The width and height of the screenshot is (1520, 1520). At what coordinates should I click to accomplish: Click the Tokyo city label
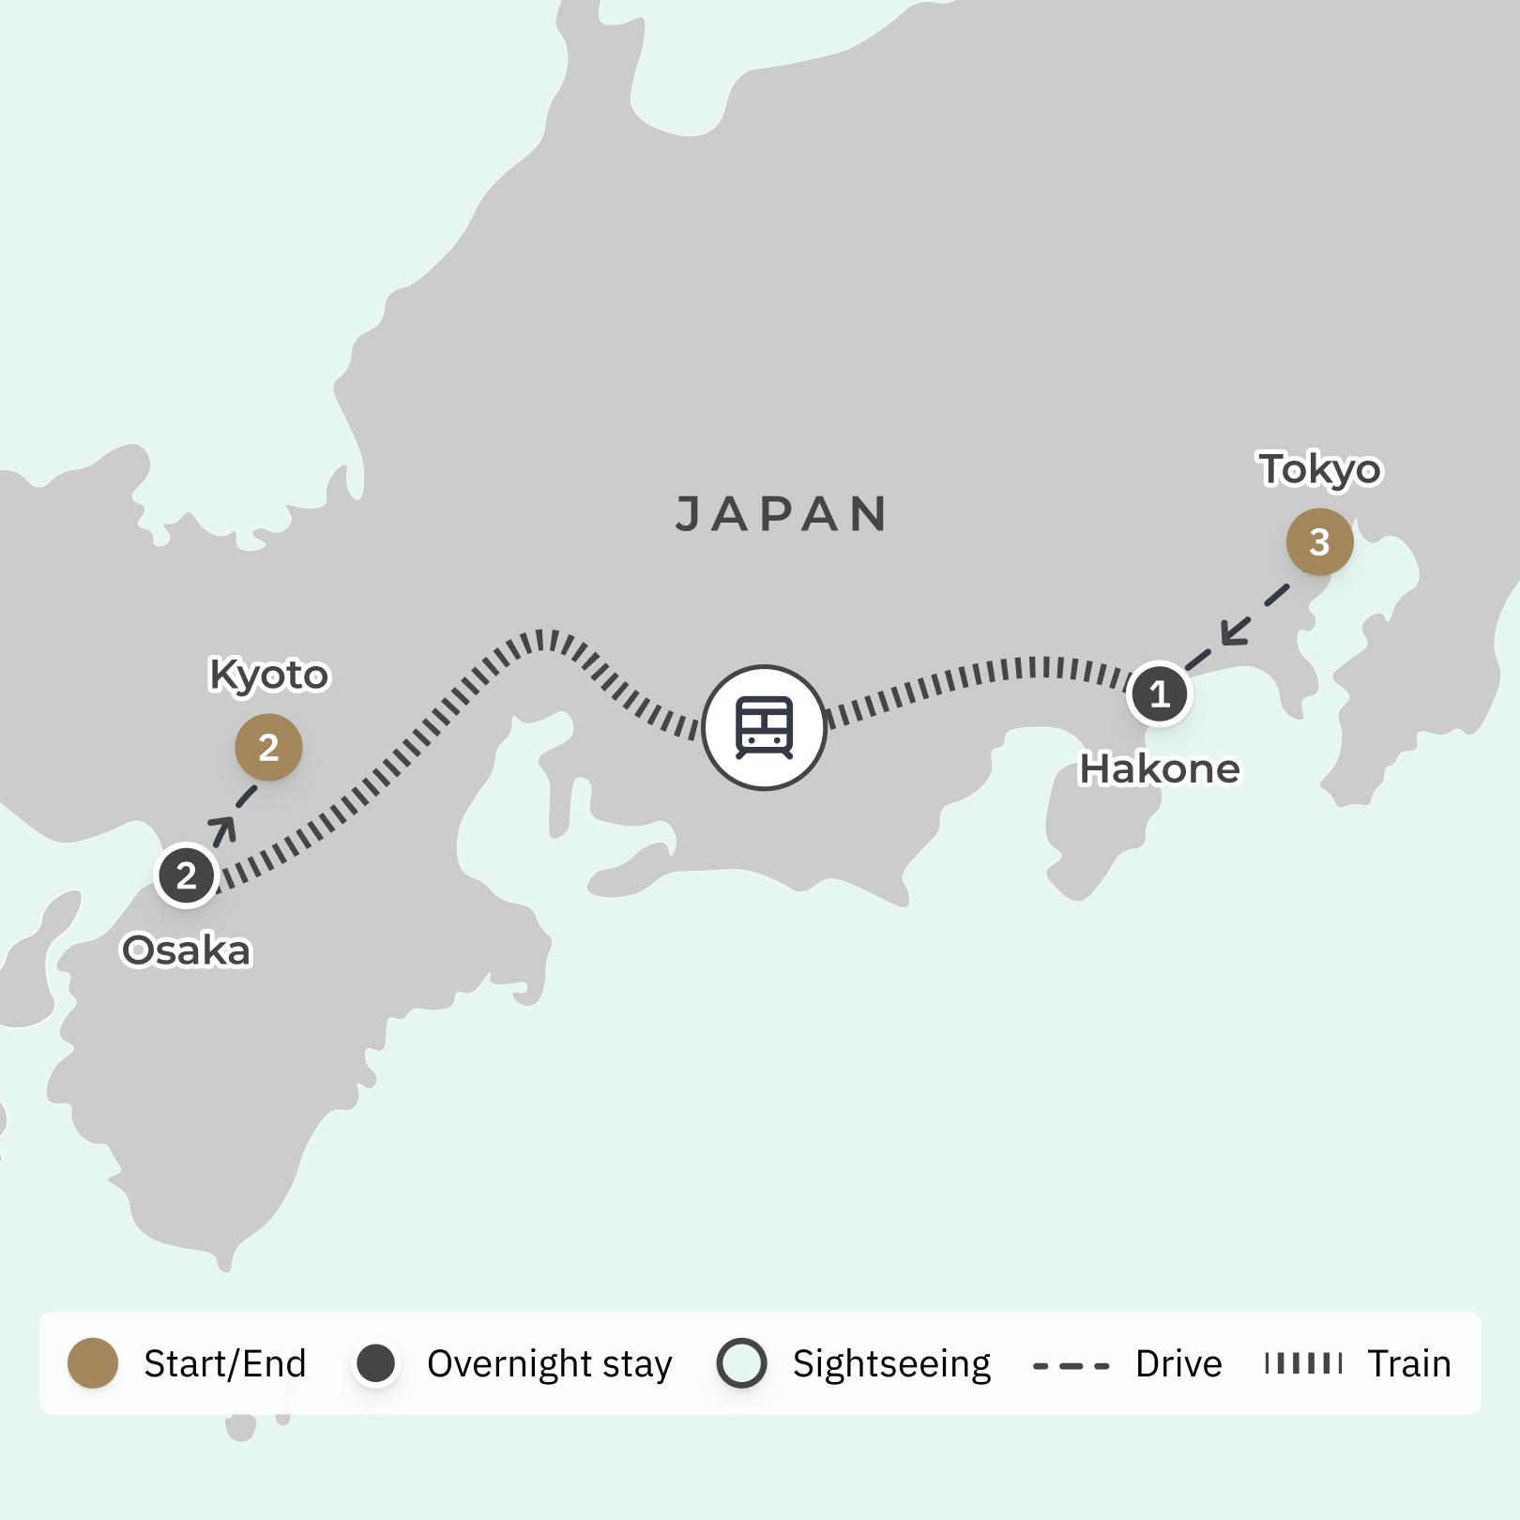pos(1319,469)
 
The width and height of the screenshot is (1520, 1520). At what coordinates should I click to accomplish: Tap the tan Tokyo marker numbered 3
pos(1319,541)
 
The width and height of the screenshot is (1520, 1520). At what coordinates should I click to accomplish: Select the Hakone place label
pos(1160,769)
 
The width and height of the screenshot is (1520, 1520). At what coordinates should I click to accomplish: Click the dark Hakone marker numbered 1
pos(1160,694)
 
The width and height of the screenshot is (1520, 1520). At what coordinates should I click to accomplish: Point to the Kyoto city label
pos(268,675)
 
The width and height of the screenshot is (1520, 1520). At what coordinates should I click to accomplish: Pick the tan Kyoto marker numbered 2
pos(268,748)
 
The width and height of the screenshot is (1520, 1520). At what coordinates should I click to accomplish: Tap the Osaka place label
pos(187,950)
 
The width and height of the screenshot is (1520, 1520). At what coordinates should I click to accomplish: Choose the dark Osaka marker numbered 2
pos(187,875)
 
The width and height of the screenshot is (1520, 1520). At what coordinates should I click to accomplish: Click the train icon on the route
pos(764,727)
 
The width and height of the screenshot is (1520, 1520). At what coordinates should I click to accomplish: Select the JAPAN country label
pos(782,514)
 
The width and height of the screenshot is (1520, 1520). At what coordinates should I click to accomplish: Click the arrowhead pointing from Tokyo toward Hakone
pos(1234,632)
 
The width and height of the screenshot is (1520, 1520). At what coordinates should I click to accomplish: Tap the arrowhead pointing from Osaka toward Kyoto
pos(223,829)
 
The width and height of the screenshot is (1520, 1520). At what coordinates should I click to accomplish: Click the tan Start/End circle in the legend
pos(93,1363)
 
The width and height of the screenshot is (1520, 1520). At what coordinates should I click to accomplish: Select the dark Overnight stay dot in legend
pos(376,1363)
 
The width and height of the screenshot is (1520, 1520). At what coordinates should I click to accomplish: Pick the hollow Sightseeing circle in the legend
pos(741,1363)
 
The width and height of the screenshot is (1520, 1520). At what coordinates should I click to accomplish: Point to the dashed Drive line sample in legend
pos(1071,1365)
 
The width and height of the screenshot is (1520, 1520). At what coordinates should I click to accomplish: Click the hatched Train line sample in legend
pos(1303,1363)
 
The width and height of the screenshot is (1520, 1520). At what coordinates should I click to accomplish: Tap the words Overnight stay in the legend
pos(549,1364)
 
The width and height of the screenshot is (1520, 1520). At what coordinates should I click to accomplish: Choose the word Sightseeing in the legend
pos(891,1364)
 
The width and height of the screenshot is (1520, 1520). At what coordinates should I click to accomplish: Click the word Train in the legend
pos(1408,1363)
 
